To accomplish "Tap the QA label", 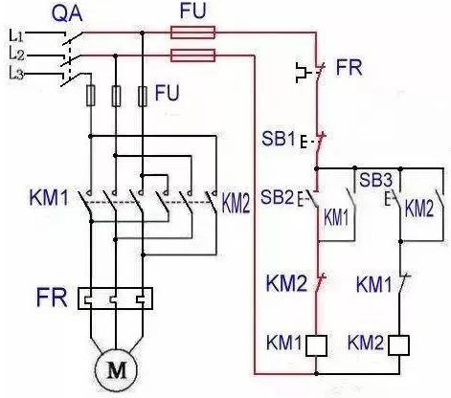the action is click(67, 13).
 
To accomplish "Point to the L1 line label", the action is click(16, 35).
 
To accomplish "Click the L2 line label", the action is click(16, 55).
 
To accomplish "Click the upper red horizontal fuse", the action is click(192, 33).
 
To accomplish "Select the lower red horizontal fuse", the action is click(192, 55).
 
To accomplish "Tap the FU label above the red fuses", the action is click(193, 11).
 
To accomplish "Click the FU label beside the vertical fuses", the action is click(167, 93).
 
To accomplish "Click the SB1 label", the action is click(279, 138).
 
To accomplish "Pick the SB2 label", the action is click(277, 196).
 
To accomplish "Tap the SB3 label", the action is click(375, 180).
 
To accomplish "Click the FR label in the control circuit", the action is click(350, 67).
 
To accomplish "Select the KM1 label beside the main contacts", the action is click(49, 197).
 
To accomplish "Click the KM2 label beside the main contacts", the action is click(236, 203).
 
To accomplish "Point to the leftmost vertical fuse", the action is click(91, 96).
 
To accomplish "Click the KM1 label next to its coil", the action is click(284, 343).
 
